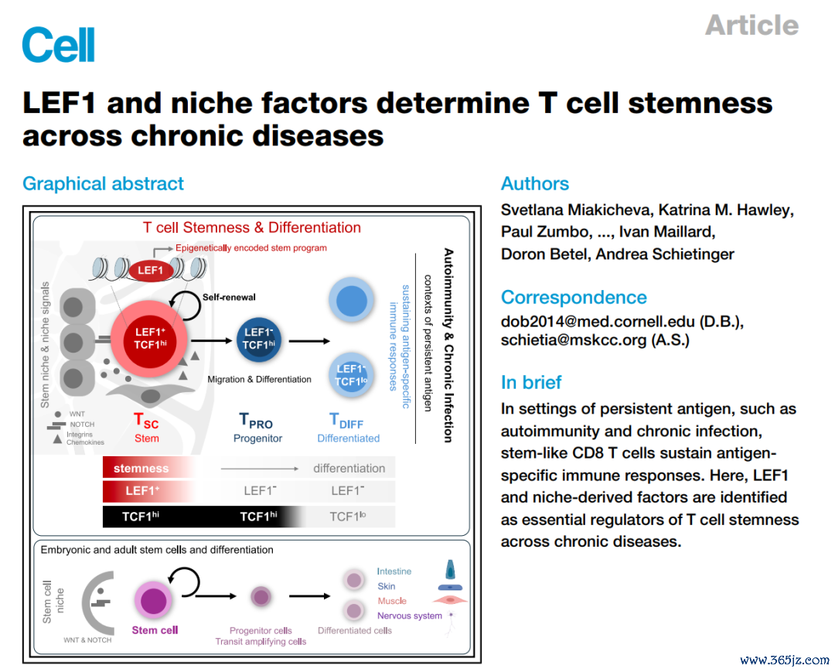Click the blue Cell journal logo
coord(59,45)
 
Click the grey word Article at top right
coord(752,25)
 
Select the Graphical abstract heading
coord(103,184)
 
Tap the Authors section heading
coord(535,184)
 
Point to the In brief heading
coord(531,382)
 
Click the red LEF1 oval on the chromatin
coord(151,271)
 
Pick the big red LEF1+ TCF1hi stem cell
coord(150,339)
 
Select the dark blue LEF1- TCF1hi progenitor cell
coord(259,339)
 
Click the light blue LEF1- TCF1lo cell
coord(351,375)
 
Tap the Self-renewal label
coord(229,297)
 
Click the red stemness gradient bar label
coord(141,468)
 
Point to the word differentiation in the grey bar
coord(349,469)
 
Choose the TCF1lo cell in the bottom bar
coord(348,517)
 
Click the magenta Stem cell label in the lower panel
coord(155,630)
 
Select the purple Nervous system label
coord(410,616)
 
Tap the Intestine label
coord(394,571)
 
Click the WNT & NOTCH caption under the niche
coord(87,640)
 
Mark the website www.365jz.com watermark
coord(785,660)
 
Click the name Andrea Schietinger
coord(665,254)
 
